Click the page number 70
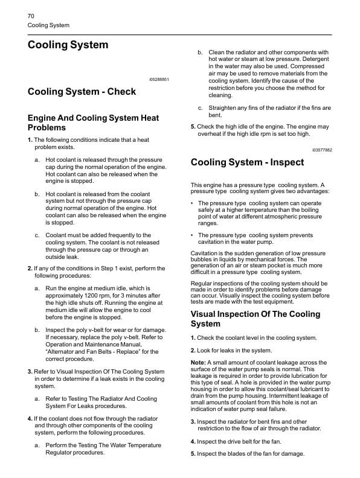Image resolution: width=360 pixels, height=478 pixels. tap(31, 15)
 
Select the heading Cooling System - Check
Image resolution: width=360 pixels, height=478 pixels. tap(82, 92)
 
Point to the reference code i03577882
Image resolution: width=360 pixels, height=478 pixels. tap(322, 149)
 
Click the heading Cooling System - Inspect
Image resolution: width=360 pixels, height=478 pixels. tap(247, 162)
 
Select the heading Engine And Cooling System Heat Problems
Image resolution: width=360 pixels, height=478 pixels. tap(94, 123)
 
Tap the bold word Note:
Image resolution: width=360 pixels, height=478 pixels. tap(198, 363)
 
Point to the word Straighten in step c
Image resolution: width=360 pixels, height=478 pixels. tap(227, 108)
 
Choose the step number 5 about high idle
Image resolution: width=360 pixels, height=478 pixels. tap(193, 127)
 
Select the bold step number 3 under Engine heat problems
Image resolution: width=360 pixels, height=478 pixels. tap(30, 371)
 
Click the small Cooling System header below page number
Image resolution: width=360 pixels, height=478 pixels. tap(49, 25)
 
